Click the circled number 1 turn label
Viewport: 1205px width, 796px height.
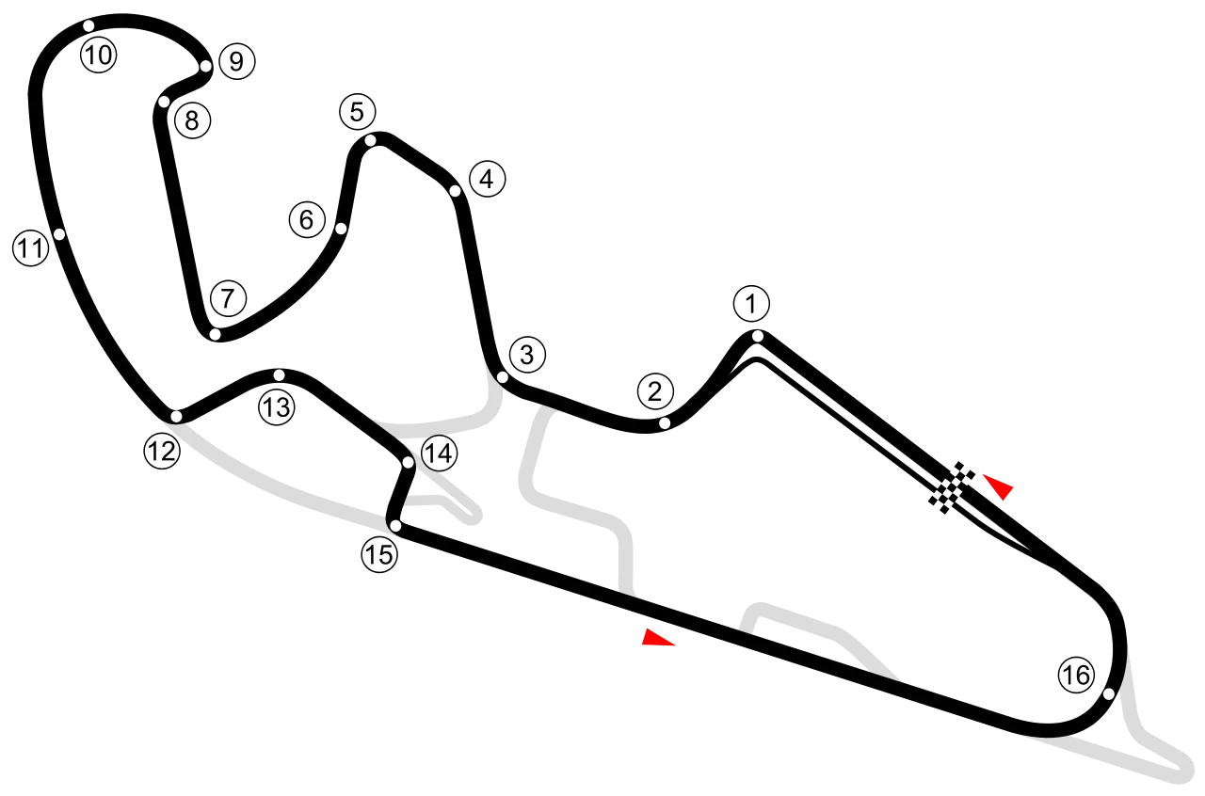coord(751,304)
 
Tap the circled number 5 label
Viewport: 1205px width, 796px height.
coord(358,112)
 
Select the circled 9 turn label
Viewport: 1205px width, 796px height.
coord(236,62)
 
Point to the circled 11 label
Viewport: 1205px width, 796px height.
coord(31,248)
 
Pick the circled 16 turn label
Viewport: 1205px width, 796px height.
coord(1076,675)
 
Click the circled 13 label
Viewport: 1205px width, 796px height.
coord(277,407)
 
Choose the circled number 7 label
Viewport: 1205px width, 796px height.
coord(228,298)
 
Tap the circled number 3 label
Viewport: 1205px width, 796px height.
coord(527,355)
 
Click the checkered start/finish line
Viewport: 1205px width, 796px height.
coord(952,487)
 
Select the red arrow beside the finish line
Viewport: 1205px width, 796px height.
coord(1000,486)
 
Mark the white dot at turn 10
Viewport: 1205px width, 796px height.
coord(88,25)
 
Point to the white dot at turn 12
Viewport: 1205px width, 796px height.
coord(176,416)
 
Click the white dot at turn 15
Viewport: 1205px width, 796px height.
coord(395,526)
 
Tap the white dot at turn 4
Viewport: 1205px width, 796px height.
coord(455,191)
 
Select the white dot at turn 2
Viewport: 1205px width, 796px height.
coord(665,423)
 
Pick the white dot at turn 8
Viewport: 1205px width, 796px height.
coord(165,102)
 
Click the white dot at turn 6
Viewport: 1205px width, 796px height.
coord(341,230)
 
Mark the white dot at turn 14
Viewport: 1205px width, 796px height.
coord(409,463)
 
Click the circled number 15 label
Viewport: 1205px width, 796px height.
coord(379,554)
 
